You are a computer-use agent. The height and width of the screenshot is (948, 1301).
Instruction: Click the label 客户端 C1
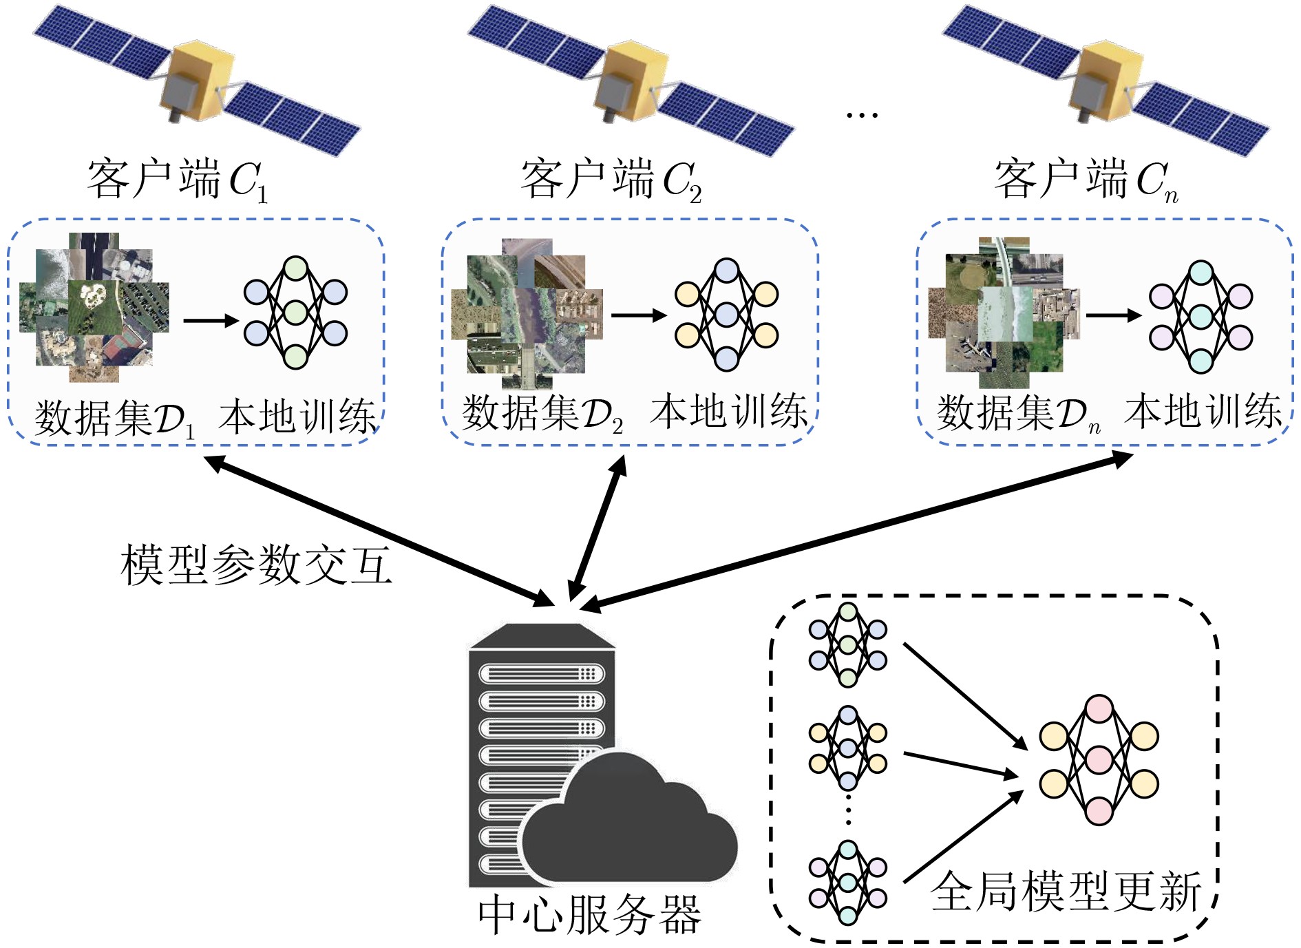pos(176,180)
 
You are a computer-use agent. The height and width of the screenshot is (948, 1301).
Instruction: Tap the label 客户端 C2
pos(610,180)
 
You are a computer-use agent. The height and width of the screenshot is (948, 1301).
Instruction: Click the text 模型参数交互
pos(256,565)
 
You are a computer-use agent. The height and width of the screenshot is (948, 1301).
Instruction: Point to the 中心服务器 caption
pos(589,915)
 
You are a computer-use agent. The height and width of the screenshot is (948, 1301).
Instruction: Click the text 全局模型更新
pos(1066,892)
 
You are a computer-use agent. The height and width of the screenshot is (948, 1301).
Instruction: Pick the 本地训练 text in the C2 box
pos(728,412)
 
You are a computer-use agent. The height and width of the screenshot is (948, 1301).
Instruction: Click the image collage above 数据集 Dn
pos(1004,313)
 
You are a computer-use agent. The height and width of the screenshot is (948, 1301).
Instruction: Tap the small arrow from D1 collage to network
pos(210,320)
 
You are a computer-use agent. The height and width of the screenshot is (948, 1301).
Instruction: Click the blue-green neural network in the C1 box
pos(295,313)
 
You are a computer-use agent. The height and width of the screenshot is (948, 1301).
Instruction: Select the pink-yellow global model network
pos(1099,759)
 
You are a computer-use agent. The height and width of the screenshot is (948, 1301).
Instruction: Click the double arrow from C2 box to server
pos(597,528)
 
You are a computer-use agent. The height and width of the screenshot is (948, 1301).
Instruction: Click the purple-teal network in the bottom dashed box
pos(847,883)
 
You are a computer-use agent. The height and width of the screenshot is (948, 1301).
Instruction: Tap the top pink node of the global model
pos(1099,708)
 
